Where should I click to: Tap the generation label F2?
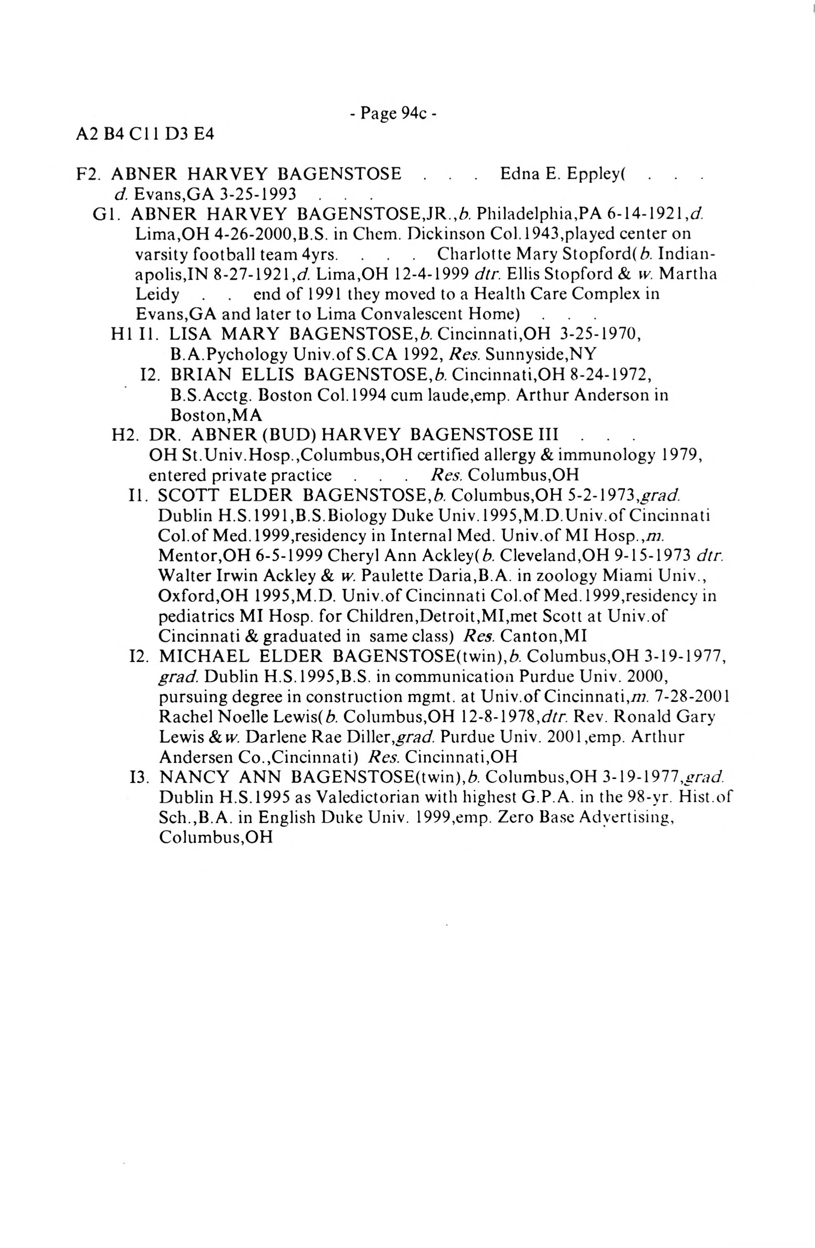click(x=88, y=173)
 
